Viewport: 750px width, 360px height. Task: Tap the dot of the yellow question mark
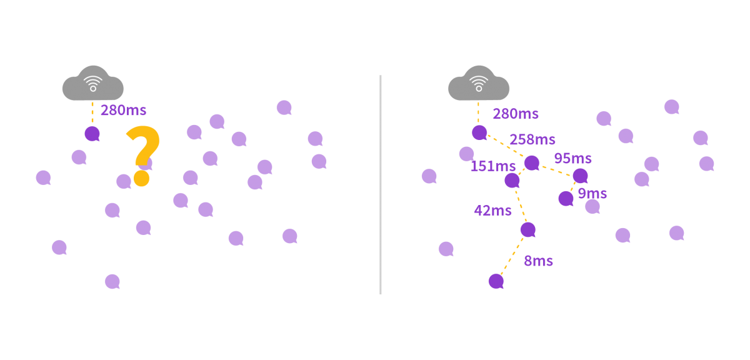(141, 179)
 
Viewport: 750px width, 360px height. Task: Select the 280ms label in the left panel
(123, 111)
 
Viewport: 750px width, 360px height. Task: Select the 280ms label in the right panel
(516, 114)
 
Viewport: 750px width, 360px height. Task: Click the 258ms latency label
(532, 139)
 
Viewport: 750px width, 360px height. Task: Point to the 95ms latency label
(572, 159)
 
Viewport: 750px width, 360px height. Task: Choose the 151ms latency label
(492, 166)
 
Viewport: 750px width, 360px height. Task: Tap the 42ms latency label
(492, 211)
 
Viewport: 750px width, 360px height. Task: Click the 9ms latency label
(592, 193)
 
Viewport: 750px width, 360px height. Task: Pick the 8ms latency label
(538, 261)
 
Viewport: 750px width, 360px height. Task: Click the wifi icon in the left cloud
(92, 83)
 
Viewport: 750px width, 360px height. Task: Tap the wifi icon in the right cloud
(478, 83)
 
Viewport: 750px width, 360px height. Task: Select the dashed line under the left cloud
(92, 112)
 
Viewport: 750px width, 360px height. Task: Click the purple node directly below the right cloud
(479, 132)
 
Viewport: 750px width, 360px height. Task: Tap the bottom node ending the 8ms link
(496, 281)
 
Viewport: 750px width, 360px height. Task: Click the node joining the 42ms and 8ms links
(527, 229)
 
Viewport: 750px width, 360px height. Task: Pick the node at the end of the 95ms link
(580, 176)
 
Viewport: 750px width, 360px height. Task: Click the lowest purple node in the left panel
(112, 281)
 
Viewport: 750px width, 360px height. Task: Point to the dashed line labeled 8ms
(511, 256)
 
